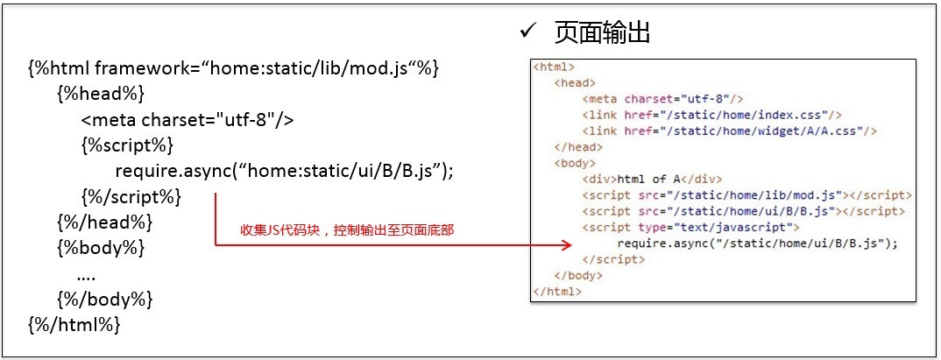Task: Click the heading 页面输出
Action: pyautogui.click(x=602, y=33)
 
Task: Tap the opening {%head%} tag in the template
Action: pyautogui.click(x=100, y=94)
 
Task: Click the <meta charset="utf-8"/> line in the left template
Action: pyautogui.click(x=187, y=120)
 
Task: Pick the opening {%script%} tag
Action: pyautogui.click(x=127, y=145)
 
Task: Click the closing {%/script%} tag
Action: pyautogui.click(x=131, y=196)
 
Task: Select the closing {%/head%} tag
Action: pyautogui.click(x=104, y=222)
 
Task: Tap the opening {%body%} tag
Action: pyautogui.click(x=100, y=247)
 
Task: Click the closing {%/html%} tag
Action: pyautogui.click(x=74, y=324)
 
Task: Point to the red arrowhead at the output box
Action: pyautogui.click(x=567, y=244)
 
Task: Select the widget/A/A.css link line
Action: pyautogui.click(x=729, y=131)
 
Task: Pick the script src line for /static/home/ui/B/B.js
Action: pyautogui.click(x=744, y=211)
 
